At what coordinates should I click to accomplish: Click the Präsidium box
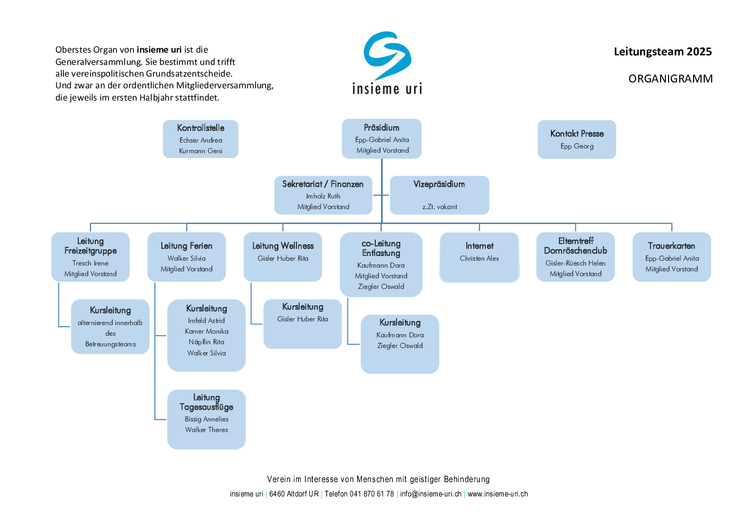pyautogui.click(x=382, y=139)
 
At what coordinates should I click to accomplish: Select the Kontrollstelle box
pyautogui.click(x=201, y=139)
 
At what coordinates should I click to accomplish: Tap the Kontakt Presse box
pyautogui.click(x=576, y=139)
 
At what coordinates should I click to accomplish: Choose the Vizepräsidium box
pyautogui.click(x=439, y=195)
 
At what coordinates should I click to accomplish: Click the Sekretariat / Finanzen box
pyautogui.click(x=323, y=195)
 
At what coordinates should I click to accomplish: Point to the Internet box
pyautogui.click(x=479, y=257)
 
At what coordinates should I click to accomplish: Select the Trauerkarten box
pyautogui.click(x=671, y=257)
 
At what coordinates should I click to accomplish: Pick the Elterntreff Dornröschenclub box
pyautogui.click(x=575, y=257)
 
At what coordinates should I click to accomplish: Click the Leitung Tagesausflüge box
pyautogui.click(x=207, y=419)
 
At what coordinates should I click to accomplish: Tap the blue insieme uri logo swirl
pyautogui.click(x=388, y=55)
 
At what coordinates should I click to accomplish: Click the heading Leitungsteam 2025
pyautogui.click(x=663, y=52)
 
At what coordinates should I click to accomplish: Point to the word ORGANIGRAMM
pyautogui.click(x=670, y=79)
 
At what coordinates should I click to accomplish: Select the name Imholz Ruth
pyautogui.click(x=323, y=196)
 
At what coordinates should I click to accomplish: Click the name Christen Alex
pyautogui.click(x=480, y=259)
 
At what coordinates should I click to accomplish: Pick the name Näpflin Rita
pyautogui.click(x=207, y=342)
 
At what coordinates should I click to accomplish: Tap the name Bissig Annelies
pyautogui.click(x=207, y=419)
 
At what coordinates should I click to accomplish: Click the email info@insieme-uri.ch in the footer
pyautogui.click(x=431, y=494)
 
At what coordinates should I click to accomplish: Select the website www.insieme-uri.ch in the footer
pyautogui.click(x=498, y=494)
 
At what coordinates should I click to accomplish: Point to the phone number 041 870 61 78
pyautogui.click(x=372, y=494)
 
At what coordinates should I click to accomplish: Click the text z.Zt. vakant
pyautogui.click(x=440, y=207)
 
